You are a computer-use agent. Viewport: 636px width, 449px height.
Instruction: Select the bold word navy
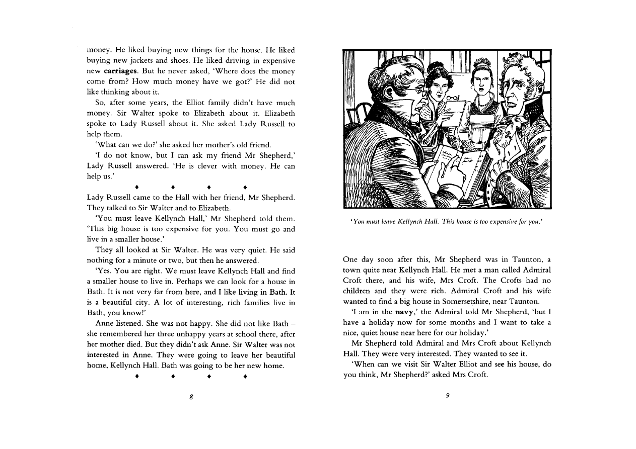pos(403,312)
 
